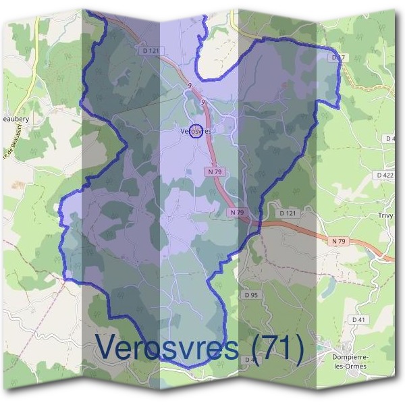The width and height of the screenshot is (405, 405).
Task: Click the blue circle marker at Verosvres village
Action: coord(195,131)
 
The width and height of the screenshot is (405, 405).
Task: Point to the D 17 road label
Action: coord(338,58)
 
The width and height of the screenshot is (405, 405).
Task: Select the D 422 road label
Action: coord(384,175)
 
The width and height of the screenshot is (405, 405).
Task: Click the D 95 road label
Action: coord(251,295)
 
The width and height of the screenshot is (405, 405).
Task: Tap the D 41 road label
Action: coord(358,319)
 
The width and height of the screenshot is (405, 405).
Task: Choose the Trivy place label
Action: coord(386,216)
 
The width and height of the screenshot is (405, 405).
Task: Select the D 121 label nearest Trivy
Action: coord(288,213)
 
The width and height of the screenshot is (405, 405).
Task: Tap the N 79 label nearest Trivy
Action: coord(339,240)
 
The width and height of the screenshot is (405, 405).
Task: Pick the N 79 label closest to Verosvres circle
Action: coord(214,172)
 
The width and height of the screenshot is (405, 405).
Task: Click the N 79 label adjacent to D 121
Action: coord(237,212)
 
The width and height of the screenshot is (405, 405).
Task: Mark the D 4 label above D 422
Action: coord(389,138)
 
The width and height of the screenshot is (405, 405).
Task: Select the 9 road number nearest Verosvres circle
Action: coord(202,102)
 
